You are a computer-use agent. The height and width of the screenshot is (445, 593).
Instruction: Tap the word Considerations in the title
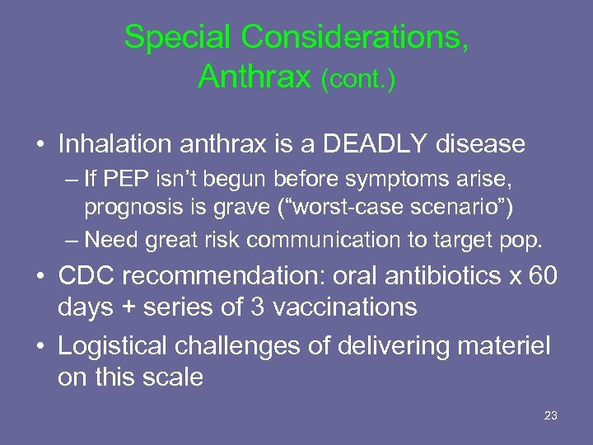356,37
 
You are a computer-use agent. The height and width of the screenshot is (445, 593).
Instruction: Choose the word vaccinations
344,307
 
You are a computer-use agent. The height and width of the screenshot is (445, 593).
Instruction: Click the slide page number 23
551,415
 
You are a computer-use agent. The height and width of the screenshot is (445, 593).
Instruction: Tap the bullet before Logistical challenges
40,347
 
